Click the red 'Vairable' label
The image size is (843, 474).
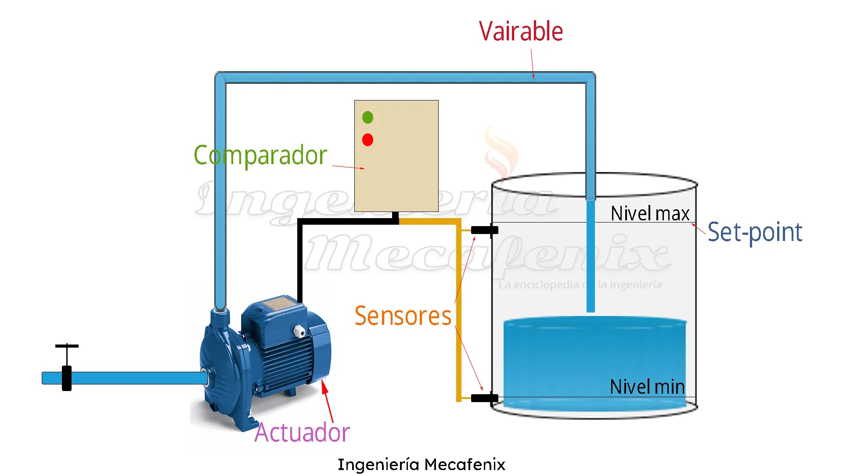521,32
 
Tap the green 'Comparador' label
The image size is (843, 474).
260,155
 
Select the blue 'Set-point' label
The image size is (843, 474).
755,232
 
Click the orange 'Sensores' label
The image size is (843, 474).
403,316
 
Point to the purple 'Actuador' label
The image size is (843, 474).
302,433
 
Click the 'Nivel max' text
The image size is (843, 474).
650,214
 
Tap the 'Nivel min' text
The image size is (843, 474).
647,387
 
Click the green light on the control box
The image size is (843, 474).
367,117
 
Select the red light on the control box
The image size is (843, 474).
367,140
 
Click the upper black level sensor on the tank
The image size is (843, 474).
484,230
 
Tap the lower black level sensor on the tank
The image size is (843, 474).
484,398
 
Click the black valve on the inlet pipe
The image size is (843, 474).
67,377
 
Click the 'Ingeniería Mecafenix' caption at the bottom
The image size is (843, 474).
421,464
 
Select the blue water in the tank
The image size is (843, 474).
594,360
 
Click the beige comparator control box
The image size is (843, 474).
396,176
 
